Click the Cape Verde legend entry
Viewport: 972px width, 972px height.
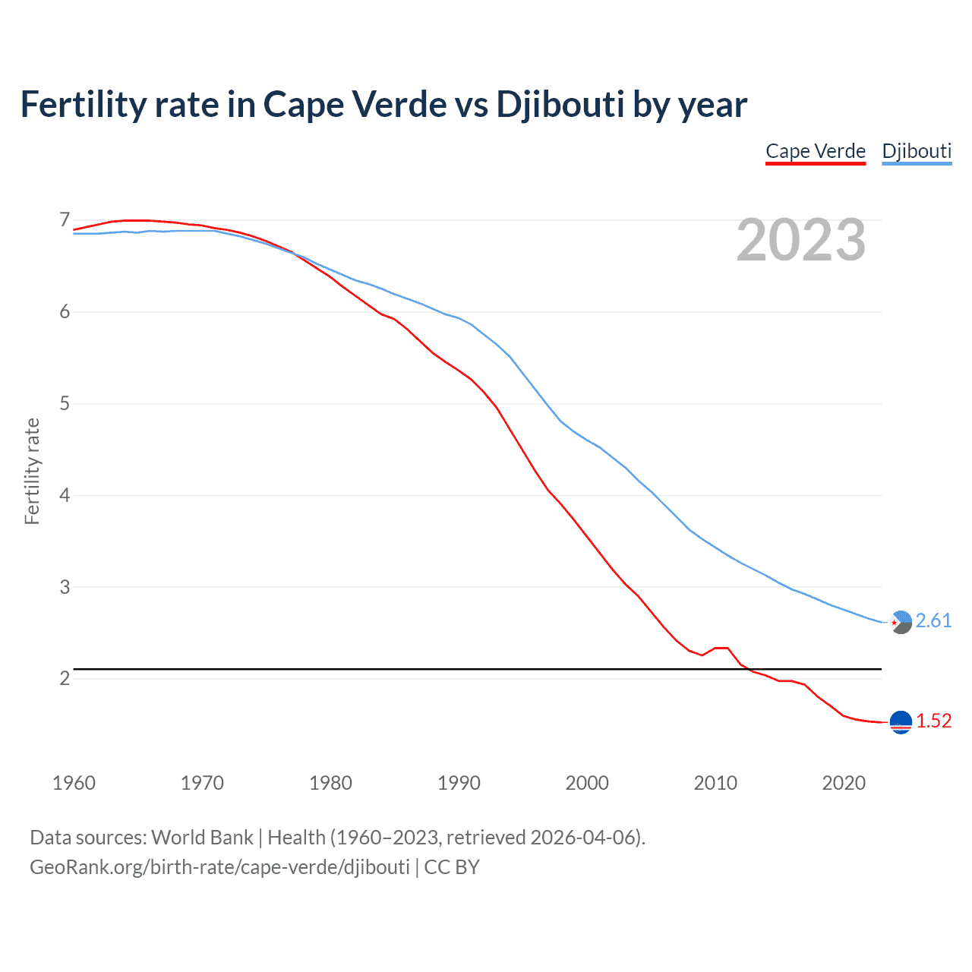tap(816, 151)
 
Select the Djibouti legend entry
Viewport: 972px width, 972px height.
tap(917, 151)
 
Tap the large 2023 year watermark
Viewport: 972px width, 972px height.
tap(801, 240)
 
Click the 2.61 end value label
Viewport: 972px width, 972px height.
tap(933, 621)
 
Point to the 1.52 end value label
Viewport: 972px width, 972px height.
tap(933, 721)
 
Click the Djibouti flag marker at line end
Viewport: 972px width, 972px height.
tap(901, 622)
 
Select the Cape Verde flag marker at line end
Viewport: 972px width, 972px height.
tap(901, 722)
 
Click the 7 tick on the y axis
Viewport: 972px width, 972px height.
tap(65, 220)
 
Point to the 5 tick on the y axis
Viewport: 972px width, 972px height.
tap(65, 403)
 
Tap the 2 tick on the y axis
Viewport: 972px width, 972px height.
tap(65, 678)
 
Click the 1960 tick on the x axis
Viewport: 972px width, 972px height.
tap(74, 783)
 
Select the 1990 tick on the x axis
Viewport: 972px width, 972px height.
tap(459, 783)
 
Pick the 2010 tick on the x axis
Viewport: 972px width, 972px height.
tap(715, 783)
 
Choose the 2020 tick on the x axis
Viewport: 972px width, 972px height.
tap(844, 783)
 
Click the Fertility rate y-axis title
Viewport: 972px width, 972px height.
tap(32, 471)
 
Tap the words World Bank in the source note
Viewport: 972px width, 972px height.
tap(202, 838)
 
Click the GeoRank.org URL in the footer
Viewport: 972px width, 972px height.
tap(219, 867)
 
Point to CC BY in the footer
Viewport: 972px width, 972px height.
tap(452, 867)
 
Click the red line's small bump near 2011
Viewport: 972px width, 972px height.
tap(721, 648)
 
